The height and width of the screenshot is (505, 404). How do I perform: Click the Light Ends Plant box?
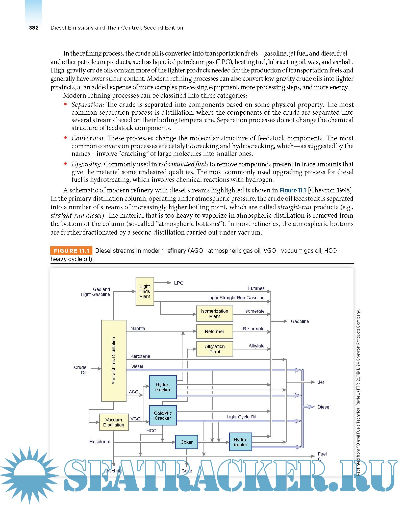click(x=145, y=291)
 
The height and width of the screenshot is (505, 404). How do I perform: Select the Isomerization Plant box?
click(x=215, y=314)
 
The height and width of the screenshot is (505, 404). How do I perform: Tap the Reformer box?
click(x=215, y=331)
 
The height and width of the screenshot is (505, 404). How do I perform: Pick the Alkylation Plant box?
click(x=215, y=349)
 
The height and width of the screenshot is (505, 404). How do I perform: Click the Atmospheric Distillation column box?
click(x=114, y=361)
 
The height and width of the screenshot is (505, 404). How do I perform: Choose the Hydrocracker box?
click(x=163, y=387)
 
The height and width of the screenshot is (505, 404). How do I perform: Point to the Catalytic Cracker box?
click(x=163, y=415)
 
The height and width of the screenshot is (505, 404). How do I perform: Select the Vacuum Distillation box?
click(x=114, y=422)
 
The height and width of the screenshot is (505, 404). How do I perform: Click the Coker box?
click(x=187, y=442)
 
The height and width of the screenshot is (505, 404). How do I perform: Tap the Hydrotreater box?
click(x=240, y=442)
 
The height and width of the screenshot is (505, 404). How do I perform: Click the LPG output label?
click(x=179, y=283)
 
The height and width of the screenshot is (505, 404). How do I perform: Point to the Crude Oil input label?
click(x=80, y=370)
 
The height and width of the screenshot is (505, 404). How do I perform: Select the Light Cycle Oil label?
click(x=241, y=417)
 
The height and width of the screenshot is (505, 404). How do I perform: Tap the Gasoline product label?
click(x=300, y=321)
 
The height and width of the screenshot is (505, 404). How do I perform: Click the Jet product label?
click(x=321, y=382)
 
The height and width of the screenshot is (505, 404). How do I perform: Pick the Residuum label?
click(x=100, y=441)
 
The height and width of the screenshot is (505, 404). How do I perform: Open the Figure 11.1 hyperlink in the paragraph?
click(x=293, y=190)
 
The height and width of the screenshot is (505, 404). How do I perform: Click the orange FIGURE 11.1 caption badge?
click(x=71, y=251)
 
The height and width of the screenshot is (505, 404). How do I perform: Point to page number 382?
click(x=34, y=28)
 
